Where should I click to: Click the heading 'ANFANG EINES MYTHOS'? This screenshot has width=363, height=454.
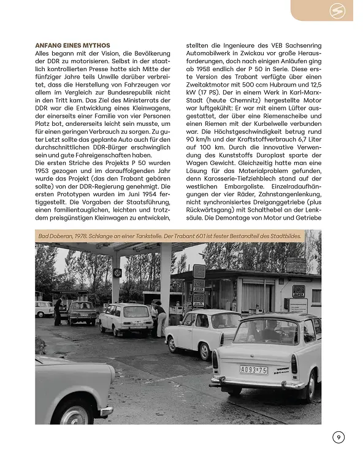point(72,45)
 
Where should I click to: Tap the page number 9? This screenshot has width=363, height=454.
point(338,437)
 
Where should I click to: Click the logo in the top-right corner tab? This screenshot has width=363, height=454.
point(336,10)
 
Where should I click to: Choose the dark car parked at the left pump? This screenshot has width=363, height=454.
point(82,312)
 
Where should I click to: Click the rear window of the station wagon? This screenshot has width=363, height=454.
point(137,312)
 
